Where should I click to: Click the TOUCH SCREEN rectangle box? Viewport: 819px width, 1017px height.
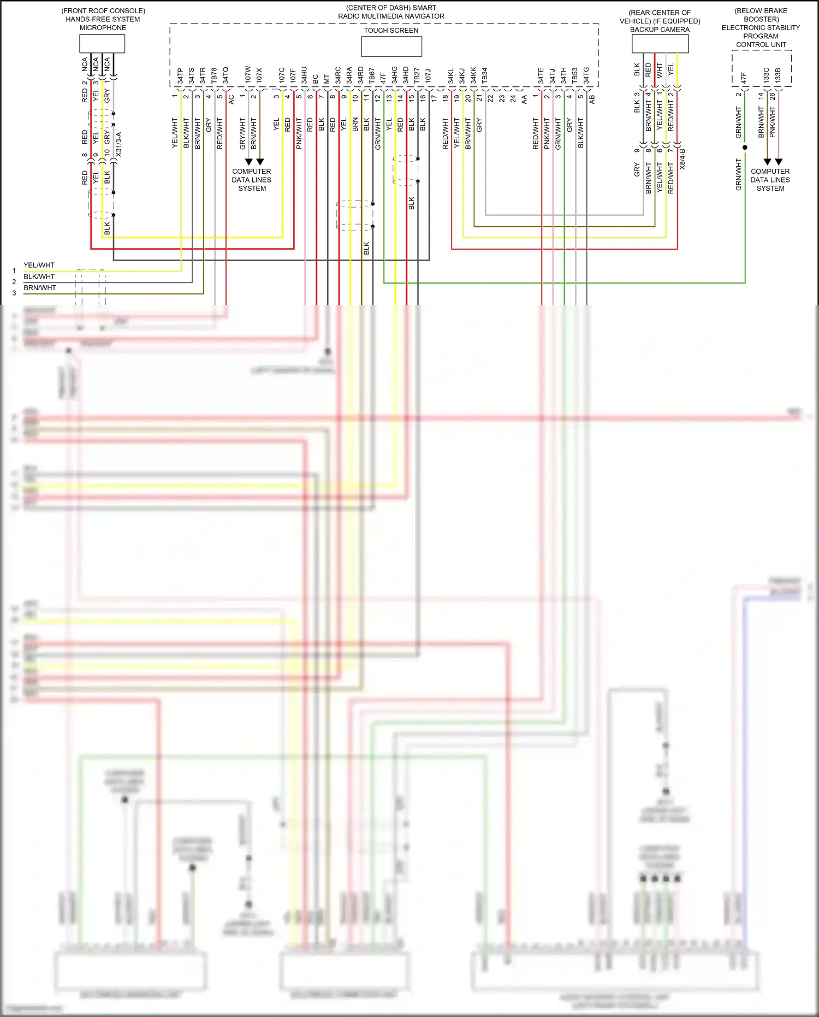391,46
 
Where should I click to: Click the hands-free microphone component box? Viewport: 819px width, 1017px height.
102,44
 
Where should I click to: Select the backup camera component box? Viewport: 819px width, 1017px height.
660,44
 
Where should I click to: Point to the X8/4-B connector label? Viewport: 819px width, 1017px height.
682,159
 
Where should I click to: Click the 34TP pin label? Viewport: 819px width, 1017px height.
180,75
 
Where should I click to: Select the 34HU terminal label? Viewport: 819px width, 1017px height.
304,75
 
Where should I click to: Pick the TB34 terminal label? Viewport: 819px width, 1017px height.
484,75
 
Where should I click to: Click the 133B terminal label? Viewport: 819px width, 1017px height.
778,75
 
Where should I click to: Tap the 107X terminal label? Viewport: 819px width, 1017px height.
259,75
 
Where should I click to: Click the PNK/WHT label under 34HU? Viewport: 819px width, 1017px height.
299,133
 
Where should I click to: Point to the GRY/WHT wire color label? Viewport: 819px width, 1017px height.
242,133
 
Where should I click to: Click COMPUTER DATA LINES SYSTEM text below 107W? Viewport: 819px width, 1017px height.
252,180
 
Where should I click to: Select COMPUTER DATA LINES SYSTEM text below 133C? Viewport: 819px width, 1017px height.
770,180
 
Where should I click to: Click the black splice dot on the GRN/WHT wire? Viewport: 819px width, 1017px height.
745,148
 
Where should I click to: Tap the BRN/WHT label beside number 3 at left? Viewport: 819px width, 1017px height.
40,288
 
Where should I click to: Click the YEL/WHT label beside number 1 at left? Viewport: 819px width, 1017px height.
39,265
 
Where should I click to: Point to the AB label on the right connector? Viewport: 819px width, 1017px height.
592,99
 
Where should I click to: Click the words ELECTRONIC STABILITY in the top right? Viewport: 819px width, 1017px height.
761,27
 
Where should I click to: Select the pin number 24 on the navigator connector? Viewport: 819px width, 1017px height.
513,99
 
